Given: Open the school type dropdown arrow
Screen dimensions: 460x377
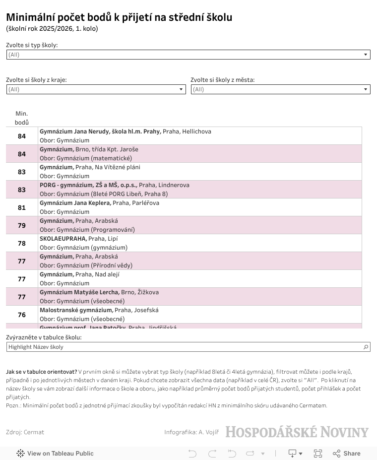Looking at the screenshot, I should (366, 55).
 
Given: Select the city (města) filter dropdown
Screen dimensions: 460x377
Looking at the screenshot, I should (280, 89).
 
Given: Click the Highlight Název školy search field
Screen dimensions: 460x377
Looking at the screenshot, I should (184, 347).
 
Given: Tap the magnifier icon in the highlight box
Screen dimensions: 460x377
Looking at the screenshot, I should (366, 347).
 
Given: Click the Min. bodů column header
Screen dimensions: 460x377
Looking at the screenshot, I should (22, 118).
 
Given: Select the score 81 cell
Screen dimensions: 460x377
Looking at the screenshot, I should (22, 207).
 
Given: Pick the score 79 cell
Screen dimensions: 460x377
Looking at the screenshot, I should (22, 225).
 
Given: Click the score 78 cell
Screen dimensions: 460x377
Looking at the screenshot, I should (22, 243).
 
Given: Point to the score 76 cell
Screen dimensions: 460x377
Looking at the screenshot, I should (22, 315).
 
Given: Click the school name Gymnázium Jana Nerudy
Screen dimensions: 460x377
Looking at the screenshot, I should (100, 131).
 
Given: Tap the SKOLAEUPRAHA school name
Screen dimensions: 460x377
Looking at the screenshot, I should (63, 239).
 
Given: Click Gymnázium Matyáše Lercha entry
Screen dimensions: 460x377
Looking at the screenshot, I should (79, 292).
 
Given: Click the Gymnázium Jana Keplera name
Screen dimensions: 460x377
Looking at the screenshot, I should (75, 203).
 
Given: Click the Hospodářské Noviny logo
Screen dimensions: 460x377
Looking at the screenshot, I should (297, 432).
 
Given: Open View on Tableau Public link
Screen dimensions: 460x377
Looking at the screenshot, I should (55, 453).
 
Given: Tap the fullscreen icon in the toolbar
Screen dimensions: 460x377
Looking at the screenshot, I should (318, 453).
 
